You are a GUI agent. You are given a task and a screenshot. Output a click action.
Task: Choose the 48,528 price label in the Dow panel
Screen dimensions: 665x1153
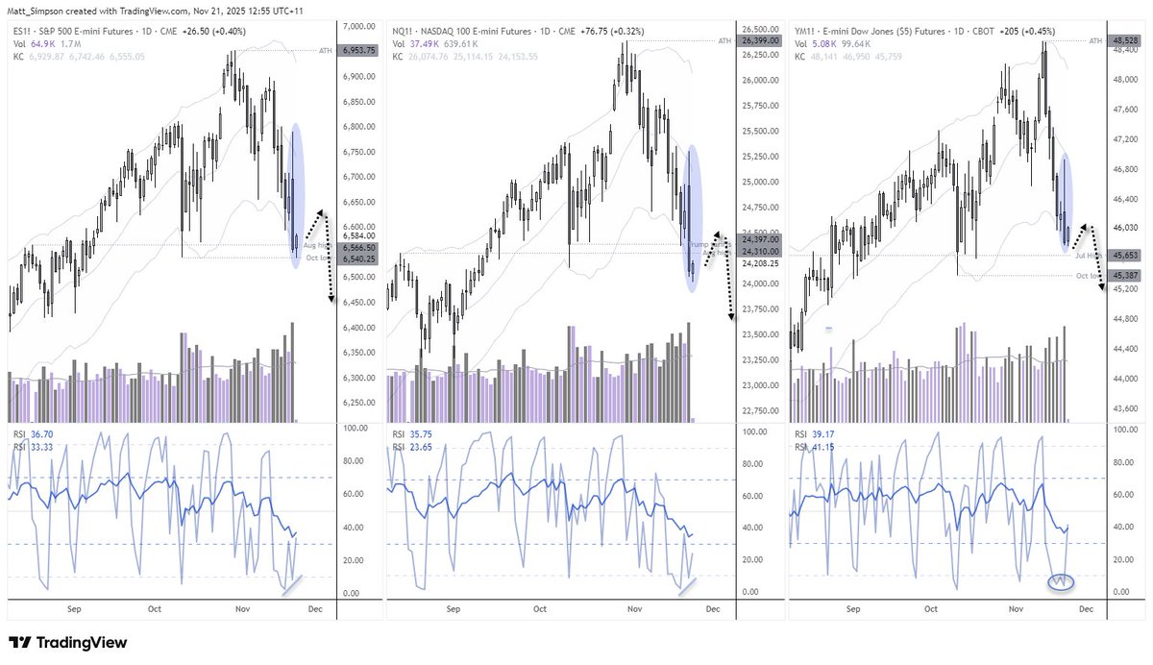(x=1119, y=41)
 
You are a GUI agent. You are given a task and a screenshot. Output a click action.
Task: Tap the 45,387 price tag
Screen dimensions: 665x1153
(x=1119, y=275)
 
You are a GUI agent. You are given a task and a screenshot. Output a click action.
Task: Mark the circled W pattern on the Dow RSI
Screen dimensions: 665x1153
(x=1060, y=582)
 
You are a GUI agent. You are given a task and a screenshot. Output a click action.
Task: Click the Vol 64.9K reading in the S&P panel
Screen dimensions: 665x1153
(x=38, y=43)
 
